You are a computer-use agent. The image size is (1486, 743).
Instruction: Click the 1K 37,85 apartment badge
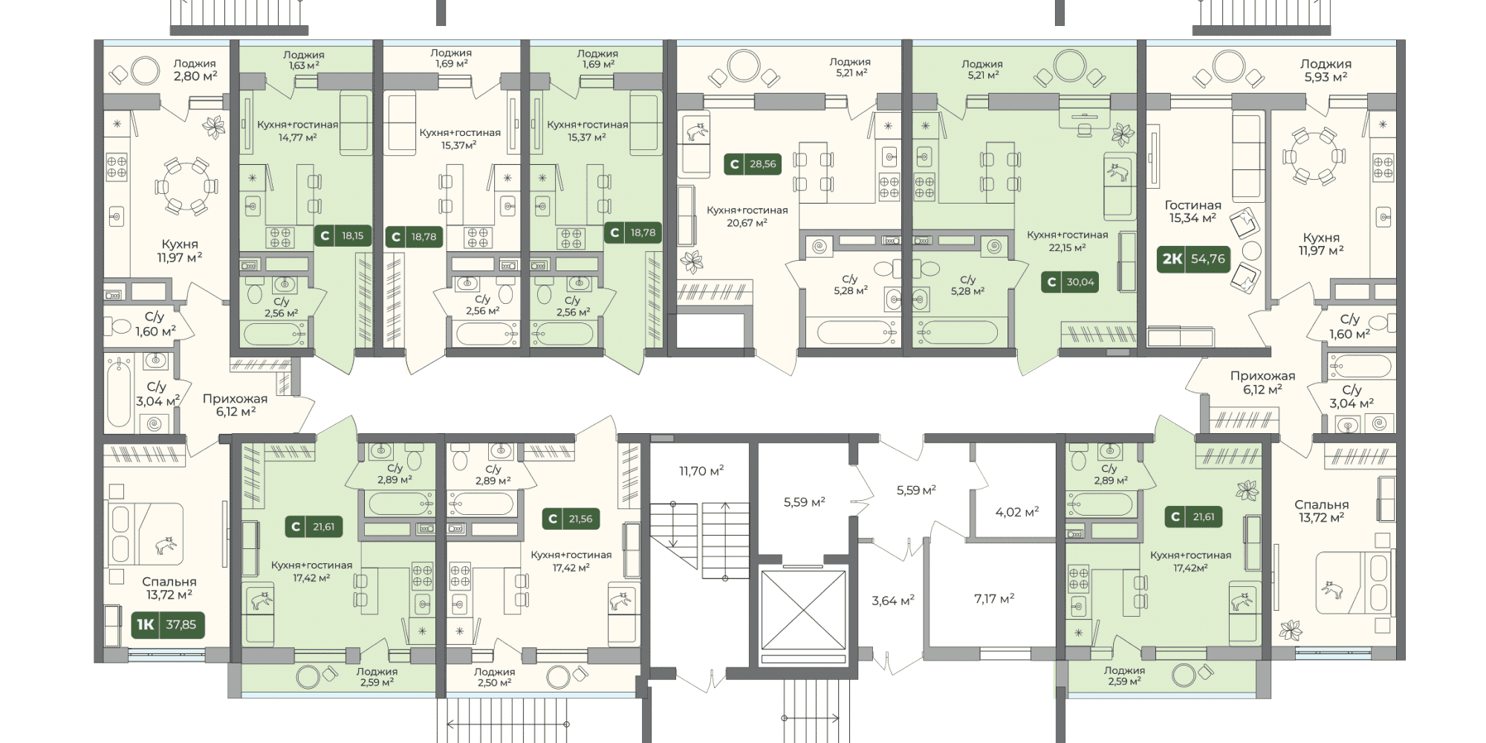click(168, 625)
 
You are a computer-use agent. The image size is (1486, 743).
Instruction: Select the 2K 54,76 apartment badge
click(1194, 259)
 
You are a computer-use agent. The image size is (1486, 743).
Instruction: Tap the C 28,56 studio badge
click(753, 164)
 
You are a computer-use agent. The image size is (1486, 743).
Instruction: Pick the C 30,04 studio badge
click(1071, 282)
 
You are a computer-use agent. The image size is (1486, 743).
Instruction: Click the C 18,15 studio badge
click(343, 236)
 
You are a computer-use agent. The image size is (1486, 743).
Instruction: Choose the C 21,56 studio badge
click(571, 519)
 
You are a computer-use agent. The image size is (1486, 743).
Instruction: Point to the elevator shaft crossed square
click(804, 609)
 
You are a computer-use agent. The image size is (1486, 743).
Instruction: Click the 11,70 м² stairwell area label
click(701, 471)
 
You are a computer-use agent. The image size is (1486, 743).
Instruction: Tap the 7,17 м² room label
click(994, 598)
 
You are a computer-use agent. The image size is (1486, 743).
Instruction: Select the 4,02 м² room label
click(1017, 512)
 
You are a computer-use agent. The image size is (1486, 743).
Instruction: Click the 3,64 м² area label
click(893, 600)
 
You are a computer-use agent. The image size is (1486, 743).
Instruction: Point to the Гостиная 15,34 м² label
click(1193, 212)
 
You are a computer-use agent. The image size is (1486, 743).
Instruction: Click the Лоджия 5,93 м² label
click(1326, 71)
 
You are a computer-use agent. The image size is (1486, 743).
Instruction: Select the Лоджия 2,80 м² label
click(195, 70)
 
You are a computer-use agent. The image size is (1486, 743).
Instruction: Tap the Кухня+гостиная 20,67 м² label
click(747, 216)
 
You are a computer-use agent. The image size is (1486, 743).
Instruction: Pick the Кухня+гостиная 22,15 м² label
click(1068, 241)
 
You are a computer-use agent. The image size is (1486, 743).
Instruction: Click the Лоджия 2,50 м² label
click(495, 677)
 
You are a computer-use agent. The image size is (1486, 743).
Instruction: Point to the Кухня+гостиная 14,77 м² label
click(298, 131)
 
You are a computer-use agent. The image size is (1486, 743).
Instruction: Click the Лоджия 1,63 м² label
click(304, 60)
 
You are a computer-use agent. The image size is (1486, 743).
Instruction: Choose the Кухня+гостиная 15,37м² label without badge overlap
click(460, 139)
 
